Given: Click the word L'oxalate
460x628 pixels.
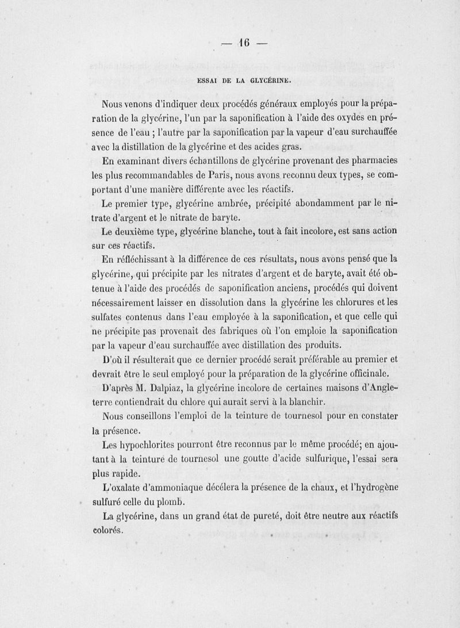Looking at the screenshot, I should [x=123, y=488].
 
